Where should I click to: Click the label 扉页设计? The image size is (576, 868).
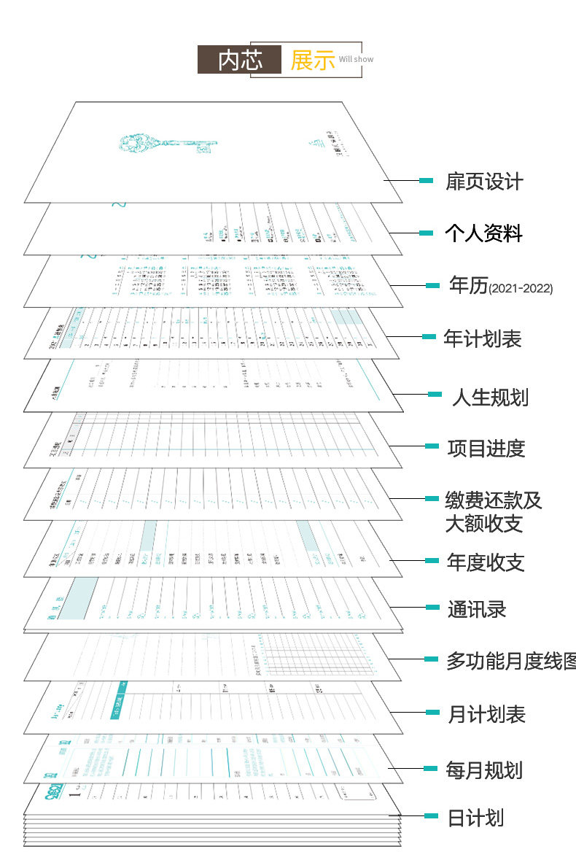[484, 182]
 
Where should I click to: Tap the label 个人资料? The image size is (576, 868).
[484, 233]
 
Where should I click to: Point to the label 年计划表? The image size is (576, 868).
[483, 338]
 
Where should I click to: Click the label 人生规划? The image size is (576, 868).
[490, 398]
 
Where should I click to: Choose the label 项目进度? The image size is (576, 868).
[486, 448]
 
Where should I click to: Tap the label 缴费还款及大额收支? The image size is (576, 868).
[494, 512]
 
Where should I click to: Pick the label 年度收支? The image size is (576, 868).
[486, 562]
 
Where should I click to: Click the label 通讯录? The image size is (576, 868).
[477, 609]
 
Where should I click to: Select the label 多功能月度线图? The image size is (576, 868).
[510, 661]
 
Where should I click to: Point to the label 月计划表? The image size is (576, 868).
[486, 714]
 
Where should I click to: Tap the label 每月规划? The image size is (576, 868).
[484, 770]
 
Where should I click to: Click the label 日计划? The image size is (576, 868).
[475, 818]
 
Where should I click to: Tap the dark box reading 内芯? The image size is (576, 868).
[239, 60]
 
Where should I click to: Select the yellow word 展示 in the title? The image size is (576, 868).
[312, 60]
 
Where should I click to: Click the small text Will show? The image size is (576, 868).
[356, 59]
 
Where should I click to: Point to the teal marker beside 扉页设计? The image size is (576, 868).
[427, 180]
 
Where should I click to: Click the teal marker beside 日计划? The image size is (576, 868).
[432, 815]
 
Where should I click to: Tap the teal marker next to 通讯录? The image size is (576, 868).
[432, 607]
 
